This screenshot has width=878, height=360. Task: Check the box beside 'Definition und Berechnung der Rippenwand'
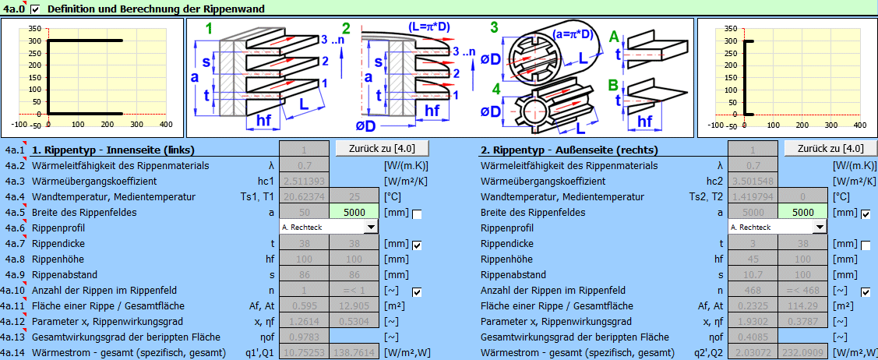click(x=34, y=9)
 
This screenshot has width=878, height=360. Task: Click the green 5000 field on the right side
click(x=802, y=213)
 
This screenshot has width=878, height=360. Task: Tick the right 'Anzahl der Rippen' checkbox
click(x=866, y=292)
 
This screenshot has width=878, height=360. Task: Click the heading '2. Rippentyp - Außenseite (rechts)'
click(x=569, y=150)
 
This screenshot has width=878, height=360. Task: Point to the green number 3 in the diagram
click(x=494, y=28)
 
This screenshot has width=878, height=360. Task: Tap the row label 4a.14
click(x=13, y=353)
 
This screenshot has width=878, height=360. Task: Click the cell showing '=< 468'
click(x=802, y=291)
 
